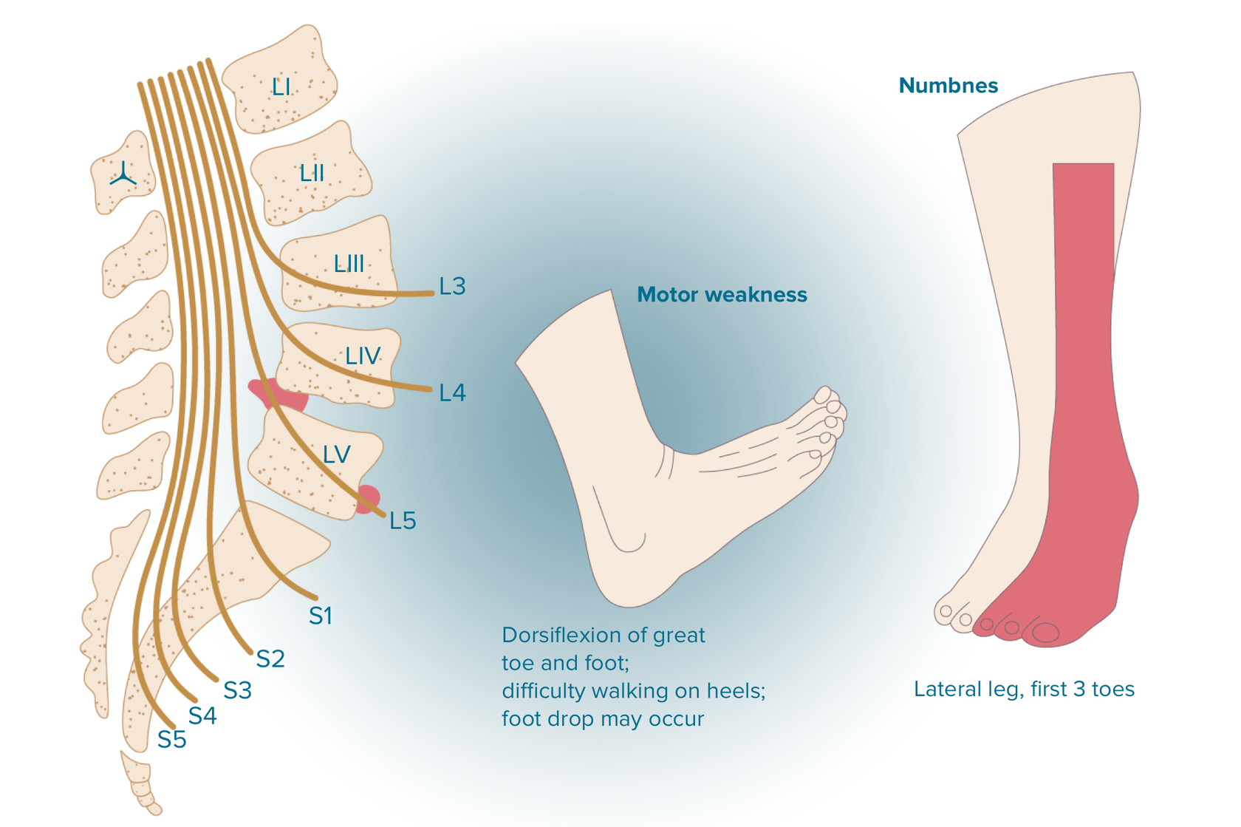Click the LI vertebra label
click(281, 88)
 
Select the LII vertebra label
click(312, 174)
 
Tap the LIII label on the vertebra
click(349, 263)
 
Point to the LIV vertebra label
click(362, 356)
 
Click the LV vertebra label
click(336, 454)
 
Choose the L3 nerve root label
click(452, 287)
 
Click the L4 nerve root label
click(452, 393)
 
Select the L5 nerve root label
click(403, 521)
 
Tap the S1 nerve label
click(321, 616)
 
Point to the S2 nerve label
click(270, 659)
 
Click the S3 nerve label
click(238, 690)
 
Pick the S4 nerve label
click(202, 715)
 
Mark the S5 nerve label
click(172, 740)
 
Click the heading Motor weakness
click(722, 295)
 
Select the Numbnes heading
click(948, 86)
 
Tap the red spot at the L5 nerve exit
click(367, 499)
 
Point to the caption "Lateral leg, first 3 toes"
click(1024, 690)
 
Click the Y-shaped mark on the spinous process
click(123, 175)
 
